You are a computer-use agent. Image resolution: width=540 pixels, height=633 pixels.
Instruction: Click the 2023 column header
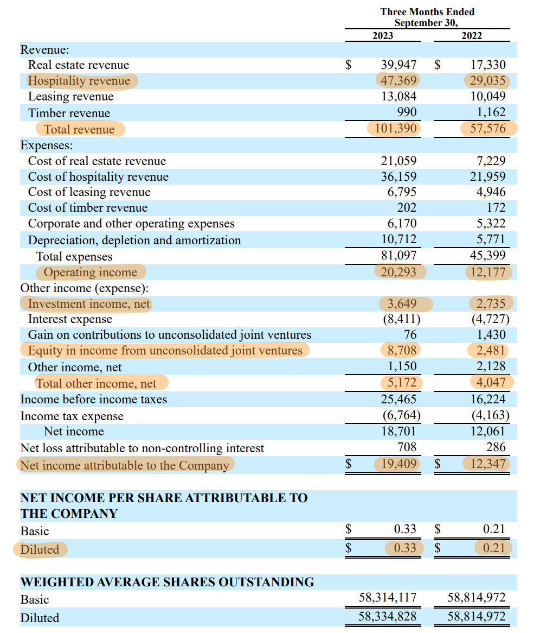click(x=383, y=36)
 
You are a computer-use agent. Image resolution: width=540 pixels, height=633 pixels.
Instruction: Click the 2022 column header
click(x=471, y=36)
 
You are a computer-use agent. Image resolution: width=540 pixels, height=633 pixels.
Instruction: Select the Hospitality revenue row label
click(x=80, y=81)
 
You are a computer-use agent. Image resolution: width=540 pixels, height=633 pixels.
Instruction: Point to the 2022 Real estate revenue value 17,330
click(x=487, y=65)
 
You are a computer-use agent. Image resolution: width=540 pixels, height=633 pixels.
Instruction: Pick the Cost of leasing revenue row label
click(x=89, y=192)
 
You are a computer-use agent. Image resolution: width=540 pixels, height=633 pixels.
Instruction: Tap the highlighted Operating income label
click(x=90, y=273)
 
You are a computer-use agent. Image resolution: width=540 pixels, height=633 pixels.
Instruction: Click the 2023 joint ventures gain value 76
click(x=410, y=335)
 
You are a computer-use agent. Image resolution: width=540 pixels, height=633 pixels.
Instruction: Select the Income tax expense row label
click(x=72, y=416)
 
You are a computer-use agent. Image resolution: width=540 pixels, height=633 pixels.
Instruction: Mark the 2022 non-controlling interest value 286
click(x=496, y=448)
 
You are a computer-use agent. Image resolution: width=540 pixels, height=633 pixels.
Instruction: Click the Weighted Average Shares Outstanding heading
click(x=167, y=583)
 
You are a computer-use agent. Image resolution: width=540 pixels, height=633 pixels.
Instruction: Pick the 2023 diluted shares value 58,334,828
click(x=387, y=617)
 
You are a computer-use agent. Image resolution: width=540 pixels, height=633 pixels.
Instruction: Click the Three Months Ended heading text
click(x=427, y=12)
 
